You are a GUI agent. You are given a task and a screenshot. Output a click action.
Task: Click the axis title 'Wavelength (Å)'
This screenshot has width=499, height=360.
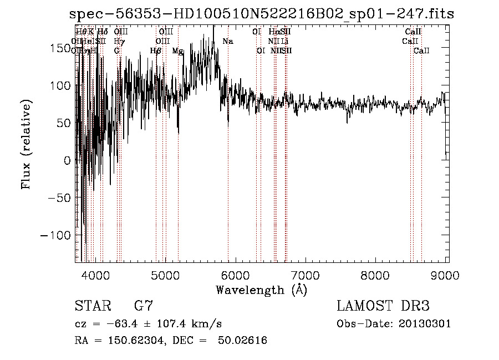coord(261,290)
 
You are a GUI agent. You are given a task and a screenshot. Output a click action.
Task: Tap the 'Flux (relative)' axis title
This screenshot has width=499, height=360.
coord(27,144)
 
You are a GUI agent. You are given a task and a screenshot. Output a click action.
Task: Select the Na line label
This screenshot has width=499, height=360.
coord(227,42)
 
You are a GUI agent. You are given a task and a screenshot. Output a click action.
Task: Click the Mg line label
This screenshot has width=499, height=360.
coord(177,51)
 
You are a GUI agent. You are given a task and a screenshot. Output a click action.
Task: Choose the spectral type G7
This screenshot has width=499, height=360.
coord(144,306)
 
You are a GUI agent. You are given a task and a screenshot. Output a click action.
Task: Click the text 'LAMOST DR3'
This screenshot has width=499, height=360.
coord(383,306)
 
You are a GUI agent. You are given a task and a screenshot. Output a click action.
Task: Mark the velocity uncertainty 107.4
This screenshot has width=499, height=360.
coord(166,324)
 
